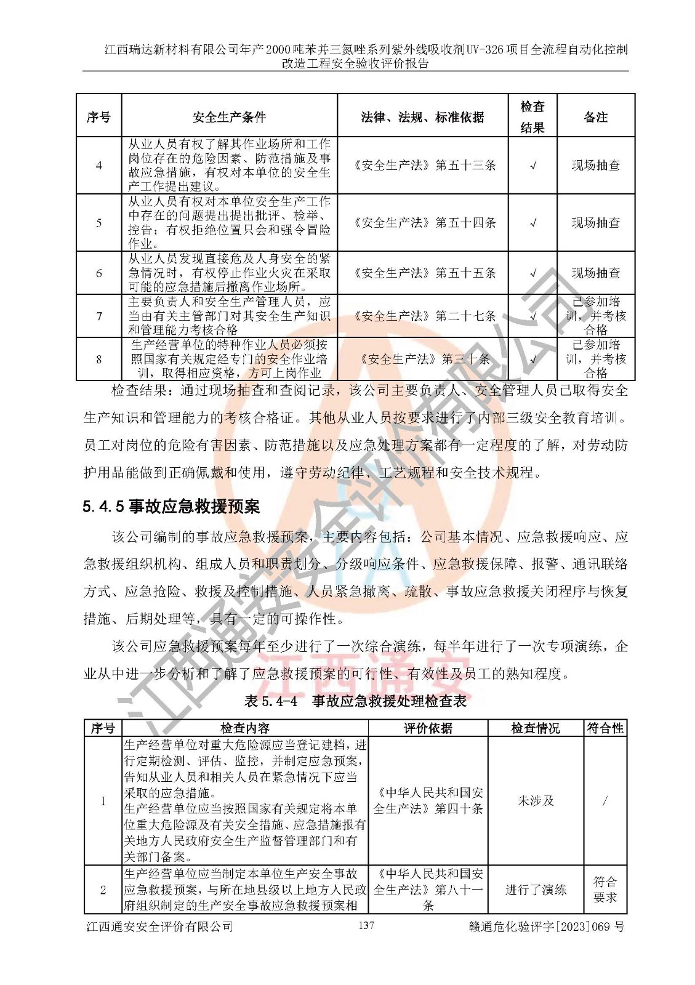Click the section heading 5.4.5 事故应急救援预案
click(171, 507)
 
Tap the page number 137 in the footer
click(366, 925)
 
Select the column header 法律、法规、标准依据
click(422, 117)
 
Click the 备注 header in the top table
click(595, 117)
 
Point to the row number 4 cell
click(99, 166)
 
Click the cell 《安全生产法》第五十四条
click(422, 223)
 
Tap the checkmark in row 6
click(533, 273)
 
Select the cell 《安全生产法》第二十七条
click(422, 316)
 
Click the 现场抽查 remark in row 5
click(595, 223)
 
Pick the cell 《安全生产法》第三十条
click(422, 359)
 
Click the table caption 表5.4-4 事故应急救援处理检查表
click(356, 701)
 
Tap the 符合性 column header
click(605, 728)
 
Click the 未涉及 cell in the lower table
click(536, 801)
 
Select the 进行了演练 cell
click(536, 890)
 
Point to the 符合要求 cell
click(605, 890)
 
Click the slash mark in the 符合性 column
click(605, 801)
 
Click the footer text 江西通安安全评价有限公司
click(159, 927)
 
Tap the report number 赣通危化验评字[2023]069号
click(546, 927)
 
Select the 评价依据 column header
click(428, 728)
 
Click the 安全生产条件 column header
click(229, 117)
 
